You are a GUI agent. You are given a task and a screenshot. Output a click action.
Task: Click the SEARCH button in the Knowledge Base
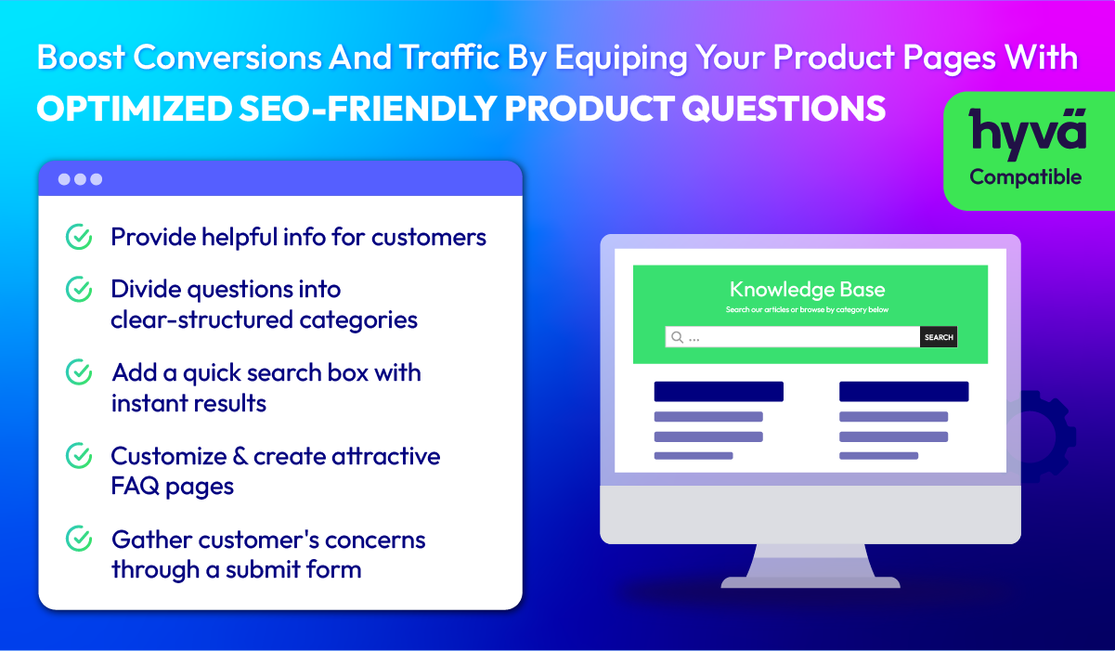point(939,337)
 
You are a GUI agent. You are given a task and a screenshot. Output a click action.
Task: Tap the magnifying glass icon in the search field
point(677,337)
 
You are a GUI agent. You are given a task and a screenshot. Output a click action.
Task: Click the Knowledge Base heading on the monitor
point(807,290)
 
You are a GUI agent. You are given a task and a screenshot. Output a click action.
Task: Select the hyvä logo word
point(1028,134)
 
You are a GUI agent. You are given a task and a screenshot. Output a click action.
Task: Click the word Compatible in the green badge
point(1025,176)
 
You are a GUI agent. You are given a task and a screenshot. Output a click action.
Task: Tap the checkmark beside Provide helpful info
point(79,237)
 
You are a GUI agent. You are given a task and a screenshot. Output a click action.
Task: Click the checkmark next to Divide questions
point(79,290)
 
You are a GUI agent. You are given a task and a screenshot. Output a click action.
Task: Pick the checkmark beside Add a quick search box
point(79,372)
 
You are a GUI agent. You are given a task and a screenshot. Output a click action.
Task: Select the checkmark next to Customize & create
point(79,456)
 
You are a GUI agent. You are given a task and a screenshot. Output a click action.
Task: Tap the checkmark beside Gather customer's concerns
point(79,539)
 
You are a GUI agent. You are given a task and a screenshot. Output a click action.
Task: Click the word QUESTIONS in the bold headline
point(784,109)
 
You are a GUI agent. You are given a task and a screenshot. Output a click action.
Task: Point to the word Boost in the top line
point(81,58)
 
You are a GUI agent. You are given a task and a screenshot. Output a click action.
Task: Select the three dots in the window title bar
point(80,179)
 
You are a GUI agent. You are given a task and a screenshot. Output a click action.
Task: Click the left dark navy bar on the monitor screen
point(719,392)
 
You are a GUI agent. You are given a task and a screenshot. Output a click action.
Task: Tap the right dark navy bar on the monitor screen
point(904,392)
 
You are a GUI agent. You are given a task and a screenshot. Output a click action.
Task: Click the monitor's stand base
point(810,581)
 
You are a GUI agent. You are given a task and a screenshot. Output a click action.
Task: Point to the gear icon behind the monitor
point(1045,436)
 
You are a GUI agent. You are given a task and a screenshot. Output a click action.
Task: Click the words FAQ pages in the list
point(173,487)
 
